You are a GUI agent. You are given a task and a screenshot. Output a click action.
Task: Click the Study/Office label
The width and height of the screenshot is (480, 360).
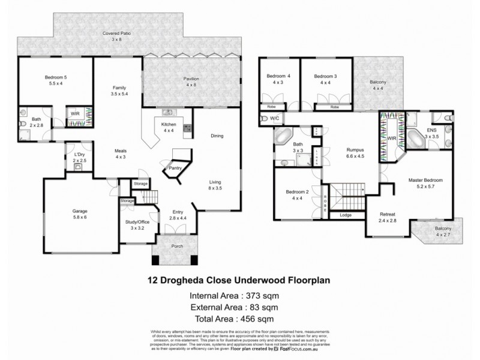pos(138,222)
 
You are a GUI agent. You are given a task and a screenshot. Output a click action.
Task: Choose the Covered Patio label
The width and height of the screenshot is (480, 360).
pos(117,34)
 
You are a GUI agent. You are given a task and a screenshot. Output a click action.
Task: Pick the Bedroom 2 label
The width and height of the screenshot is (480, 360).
pos(298,192)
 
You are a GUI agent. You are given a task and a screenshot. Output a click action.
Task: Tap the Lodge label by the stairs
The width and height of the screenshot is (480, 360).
pos(345,215)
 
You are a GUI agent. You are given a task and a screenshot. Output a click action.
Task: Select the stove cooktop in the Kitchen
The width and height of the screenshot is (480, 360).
pos(187,128)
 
